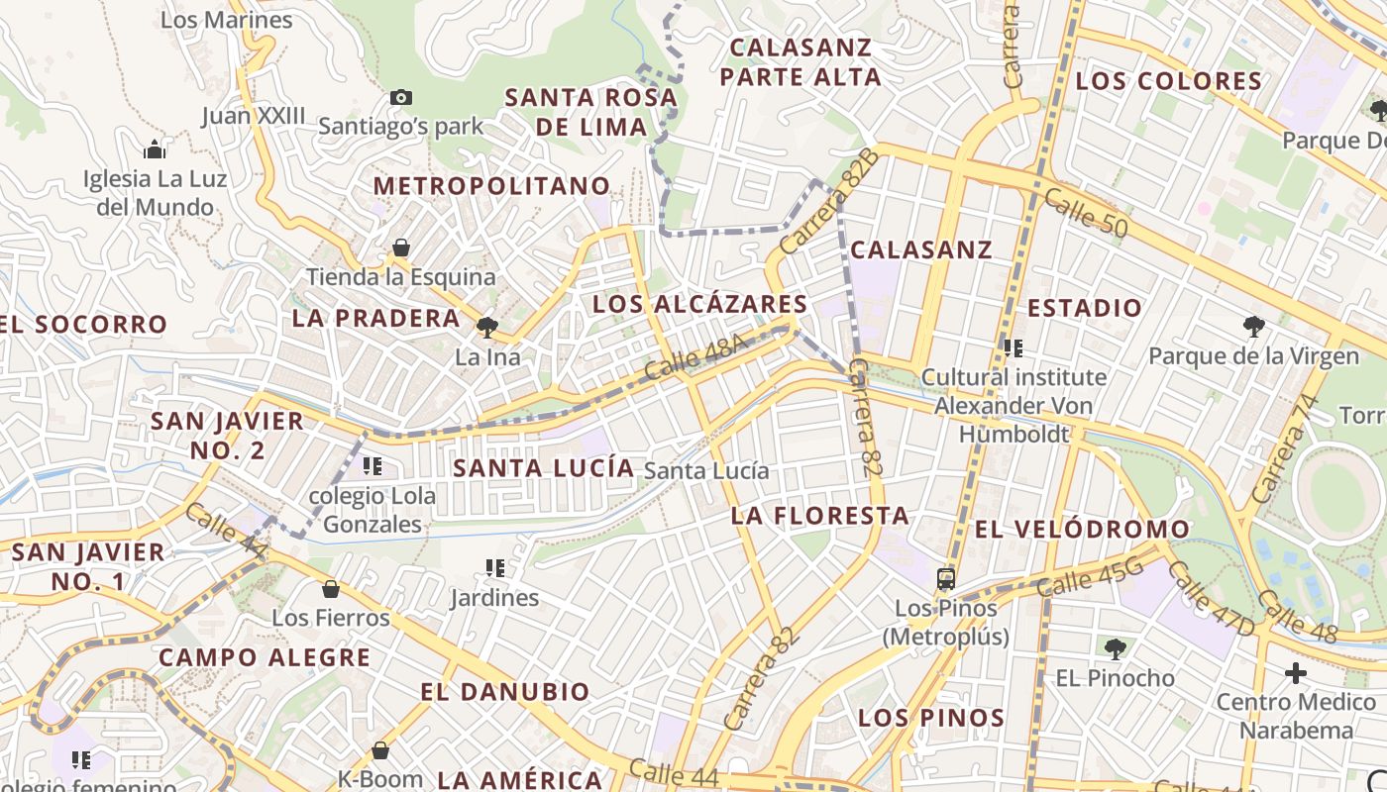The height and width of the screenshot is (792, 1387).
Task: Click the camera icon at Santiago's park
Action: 401,97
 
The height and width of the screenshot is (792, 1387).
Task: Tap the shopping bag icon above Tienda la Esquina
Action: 401,247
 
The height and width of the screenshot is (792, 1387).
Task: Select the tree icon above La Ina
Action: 486,327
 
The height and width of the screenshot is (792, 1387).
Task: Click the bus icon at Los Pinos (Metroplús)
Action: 946,579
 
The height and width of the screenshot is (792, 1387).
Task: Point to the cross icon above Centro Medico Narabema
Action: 1295,673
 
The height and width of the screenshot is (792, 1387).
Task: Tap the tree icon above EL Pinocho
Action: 1115,649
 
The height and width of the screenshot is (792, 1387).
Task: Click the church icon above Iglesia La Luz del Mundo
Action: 155,150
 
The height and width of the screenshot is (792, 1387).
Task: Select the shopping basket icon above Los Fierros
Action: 331,589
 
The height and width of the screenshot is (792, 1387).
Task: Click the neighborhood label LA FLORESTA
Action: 819,516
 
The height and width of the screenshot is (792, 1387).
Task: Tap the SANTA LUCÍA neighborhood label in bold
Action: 543,468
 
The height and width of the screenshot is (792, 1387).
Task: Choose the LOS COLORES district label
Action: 1168,81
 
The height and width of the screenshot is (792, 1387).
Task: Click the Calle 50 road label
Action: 1086,213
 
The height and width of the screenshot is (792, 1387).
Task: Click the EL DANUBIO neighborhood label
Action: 504,692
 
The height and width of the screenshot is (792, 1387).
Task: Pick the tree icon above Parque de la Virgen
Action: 1253,327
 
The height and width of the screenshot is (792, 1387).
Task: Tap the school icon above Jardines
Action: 495,568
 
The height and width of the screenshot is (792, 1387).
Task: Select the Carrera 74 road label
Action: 1285,448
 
